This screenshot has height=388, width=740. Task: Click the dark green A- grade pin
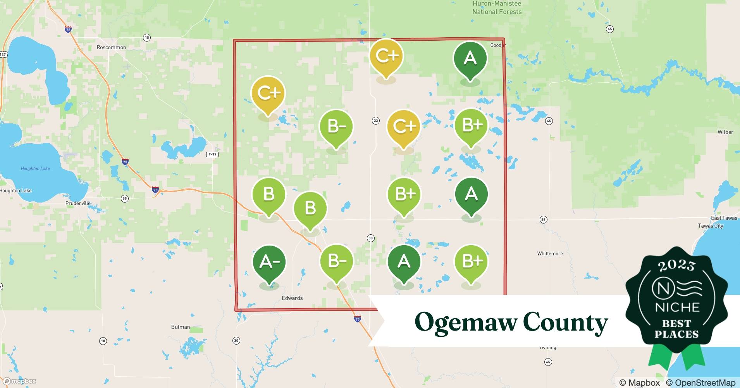point(269,262)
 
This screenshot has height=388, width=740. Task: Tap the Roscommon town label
point(111,47)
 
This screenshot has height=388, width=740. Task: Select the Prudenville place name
point(78,203)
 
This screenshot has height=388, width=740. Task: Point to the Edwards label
point(292,298)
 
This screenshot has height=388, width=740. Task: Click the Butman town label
point(181,327)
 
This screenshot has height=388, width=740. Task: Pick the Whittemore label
point(550,254)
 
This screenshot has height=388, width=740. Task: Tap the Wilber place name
point(725,132)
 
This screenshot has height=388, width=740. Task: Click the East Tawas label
point(724,218)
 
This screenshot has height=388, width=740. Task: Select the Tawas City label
point(710,226)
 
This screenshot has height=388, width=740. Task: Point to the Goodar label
point(498,45)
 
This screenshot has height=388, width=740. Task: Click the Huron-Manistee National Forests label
point(497,8)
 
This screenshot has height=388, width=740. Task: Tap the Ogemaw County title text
point(511,322)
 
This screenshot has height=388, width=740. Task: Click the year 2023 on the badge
point(676,265)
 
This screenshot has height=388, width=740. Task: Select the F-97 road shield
point(212,154)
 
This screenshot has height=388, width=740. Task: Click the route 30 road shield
point(236,341)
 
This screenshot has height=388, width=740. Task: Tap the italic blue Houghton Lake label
point(35,168)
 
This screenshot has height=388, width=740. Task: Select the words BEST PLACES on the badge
point(676,329)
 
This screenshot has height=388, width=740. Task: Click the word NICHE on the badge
point(677,307)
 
